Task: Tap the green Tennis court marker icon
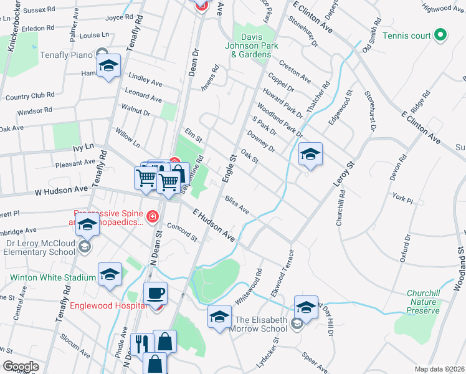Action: tap(440, 35)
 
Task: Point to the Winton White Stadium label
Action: tap(48, 277)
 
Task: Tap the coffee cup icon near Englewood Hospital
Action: tap(155, 292)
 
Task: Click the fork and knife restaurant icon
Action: tap(141, 343)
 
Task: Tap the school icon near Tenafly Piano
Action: tap(108, 67)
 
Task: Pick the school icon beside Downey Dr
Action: tap(310, 154)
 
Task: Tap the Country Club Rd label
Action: tap(29, 96)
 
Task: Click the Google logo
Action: tap(21, 367)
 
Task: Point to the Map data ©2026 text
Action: tap(439, 369)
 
